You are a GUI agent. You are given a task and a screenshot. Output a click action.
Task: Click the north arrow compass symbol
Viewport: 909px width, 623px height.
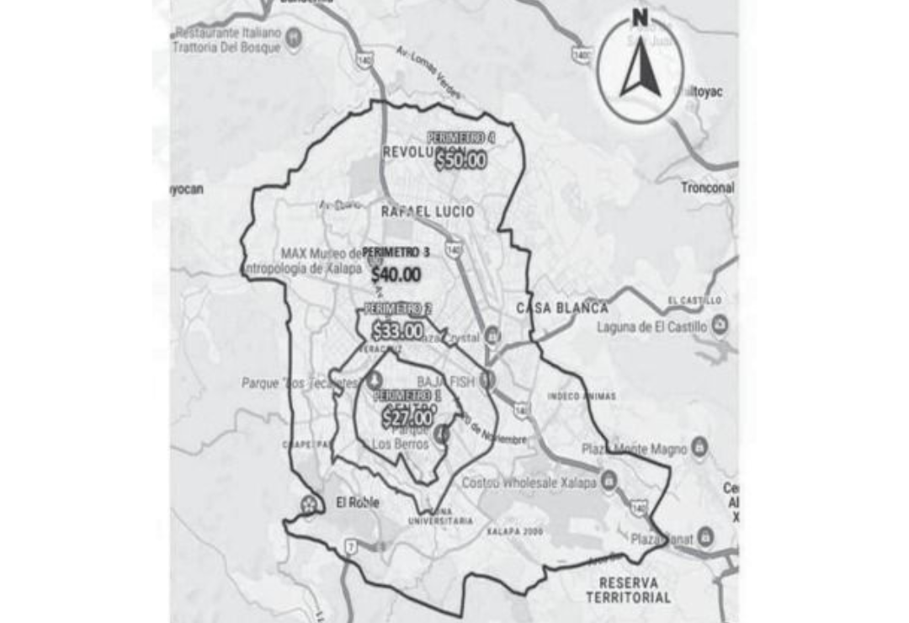coord(640,66)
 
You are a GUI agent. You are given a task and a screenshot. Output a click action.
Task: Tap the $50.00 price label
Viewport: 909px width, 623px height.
coord(460,160)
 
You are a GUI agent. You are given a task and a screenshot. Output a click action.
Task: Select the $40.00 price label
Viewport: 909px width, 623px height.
coord(396,274)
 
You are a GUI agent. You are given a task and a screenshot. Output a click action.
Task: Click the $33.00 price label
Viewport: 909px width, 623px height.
coord(397,331)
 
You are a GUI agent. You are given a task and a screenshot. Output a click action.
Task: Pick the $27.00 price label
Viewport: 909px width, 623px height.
coord(407,416)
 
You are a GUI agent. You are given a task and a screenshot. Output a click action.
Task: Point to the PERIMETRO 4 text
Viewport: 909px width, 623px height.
coord(460,137)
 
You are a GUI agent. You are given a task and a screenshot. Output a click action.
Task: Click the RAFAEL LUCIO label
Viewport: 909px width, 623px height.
coord(428,211)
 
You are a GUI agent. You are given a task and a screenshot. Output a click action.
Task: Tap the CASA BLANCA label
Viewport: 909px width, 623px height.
coord(561,308)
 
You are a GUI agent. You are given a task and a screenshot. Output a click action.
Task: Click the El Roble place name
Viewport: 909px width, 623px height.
coord(357,503)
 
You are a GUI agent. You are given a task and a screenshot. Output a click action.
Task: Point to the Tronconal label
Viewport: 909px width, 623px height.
coord(707,188)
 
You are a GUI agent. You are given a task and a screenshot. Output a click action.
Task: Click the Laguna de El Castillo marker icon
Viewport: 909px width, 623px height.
coord(720,325)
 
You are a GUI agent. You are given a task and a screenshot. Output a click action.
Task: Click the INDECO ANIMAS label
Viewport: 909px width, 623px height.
coord(582,396)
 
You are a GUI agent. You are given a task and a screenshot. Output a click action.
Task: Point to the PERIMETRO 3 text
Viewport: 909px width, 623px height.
coord(396,253)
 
